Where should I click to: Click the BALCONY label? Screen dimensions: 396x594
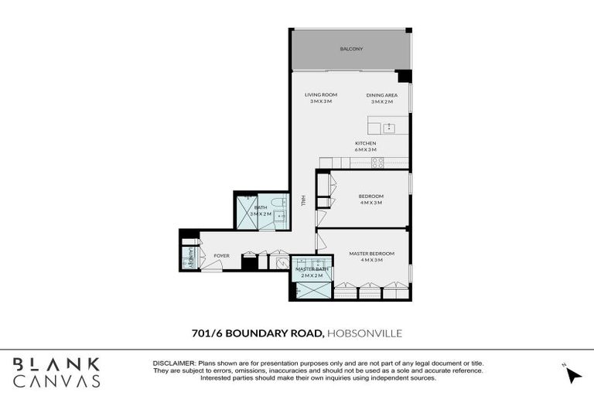(x=351, y=49)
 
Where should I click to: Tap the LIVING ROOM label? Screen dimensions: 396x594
(x=320, y=94)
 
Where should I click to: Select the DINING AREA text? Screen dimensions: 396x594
(x=381, y=94)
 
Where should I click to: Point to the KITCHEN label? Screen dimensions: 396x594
(x=366, y=144)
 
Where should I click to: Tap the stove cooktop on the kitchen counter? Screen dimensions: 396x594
(x=378, y=162)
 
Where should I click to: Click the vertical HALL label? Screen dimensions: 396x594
(x=305, y=200)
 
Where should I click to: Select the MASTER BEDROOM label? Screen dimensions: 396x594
(x=372, y=253)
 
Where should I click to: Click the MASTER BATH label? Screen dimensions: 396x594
(x=312, y=268)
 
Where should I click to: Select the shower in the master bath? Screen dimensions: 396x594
(x=312, y=291)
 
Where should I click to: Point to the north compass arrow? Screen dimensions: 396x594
(x=574, y=375)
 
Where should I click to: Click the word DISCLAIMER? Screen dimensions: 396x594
(x=175, y=364)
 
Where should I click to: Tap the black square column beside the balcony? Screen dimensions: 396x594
(x=404, y=76)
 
